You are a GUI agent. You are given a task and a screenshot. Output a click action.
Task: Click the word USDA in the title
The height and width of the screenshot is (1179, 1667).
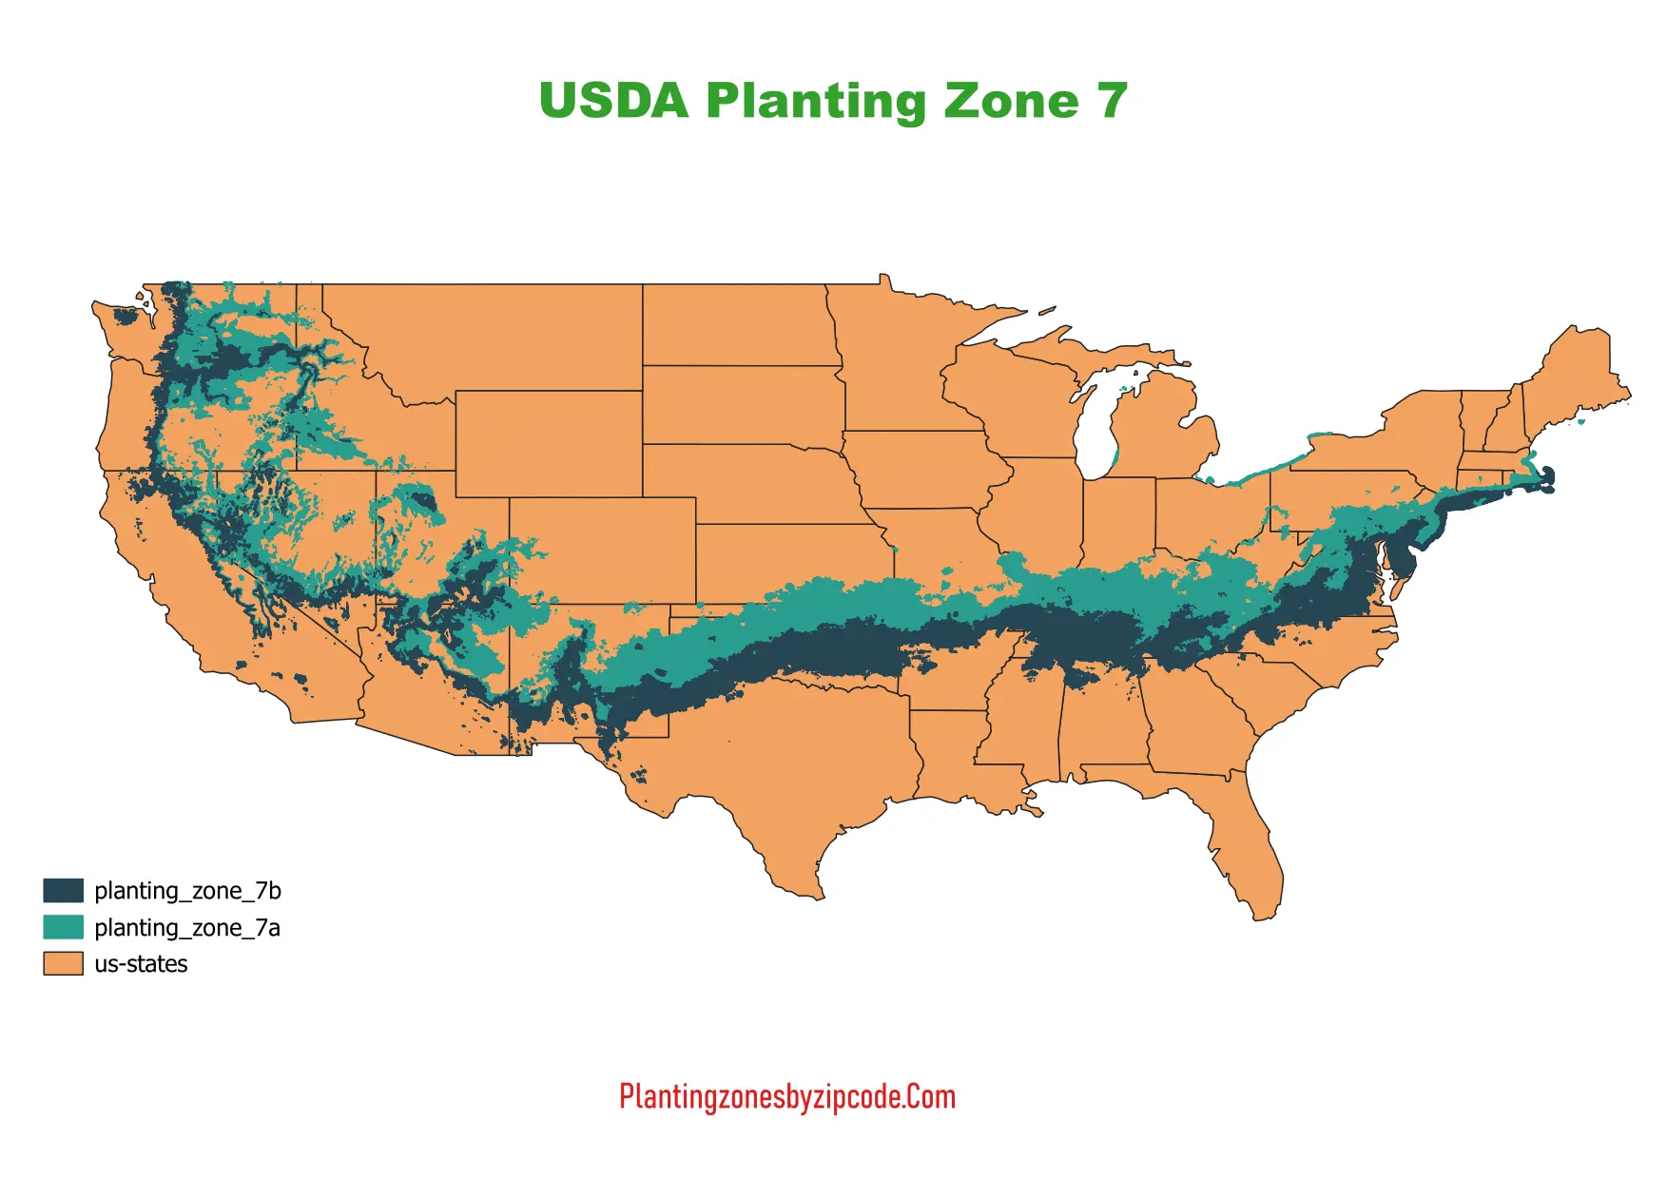click(613, 101)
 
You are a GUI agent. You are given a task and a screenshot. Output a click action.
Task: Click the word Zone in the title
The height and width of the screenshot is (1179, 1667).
click(1011, 101)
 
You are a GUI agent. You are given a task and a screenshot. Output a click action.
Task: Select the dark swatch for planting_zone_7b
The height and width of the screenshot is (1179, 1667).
click(63, 891)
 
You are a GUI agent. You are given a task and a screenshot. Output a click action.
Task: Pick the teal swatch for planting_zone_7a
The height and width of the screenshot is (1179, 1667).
click(63, 927)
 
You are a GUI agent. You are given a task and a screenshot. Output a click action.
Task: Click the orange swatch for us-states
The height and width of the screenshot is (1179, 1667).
click(63, 963)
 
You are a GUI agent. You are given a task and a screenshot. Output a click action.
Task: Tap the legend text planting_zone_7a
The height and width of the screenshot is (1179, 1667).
click(186, 928)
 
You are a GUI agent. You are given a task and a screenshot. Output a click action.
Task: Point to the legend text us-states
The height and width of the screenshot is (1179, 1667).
click(141, 964)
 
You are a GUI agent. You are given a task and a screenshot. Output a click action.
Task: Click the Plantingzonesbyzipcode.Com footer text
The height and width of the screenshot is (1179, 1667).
click(786, 1096)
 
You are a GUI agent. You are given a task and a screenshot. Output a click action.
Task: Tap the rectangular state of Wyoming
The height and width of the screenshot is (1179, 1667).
click(549, 443)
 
